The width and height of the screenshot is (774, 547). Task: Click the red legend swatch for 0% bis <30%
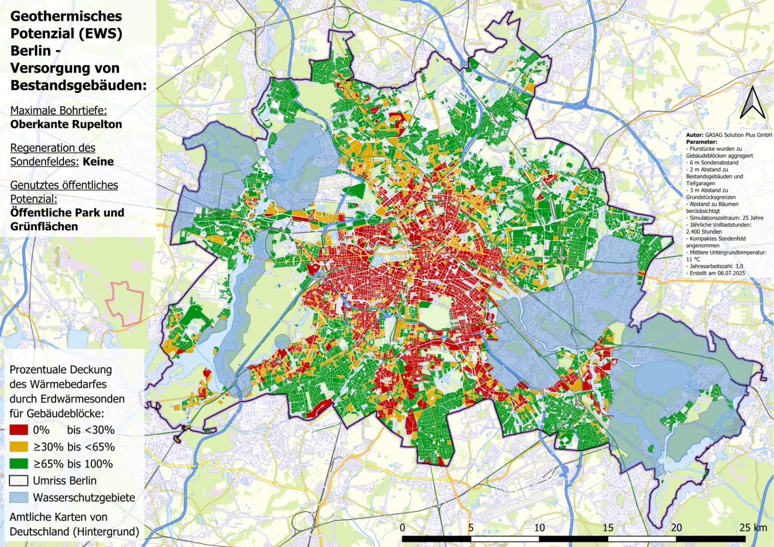click(18, 430)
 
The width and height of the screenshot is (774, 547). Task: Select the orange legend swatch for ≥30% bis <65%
click(18, 447)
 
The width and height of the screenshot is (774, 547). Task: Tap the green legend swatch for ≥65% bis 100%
click(18, 464)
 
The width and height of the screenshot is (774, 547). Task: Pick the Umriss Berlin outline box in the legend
click(18, 481)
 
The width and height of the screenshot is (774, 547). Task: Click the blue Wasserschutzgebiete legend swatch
click(18, 498)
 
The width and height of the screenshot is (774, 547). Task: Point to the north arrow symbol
click(752, 103)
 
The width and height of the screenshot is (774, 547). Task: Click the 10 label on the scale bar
click(539, 528)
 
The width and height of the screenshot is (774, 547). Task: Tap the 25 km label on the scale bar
click(753, 528)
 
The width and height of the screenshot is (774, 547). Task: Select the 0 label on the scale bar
click(402, 528)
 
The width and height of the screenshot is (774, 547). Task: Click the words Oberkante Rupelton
click(66, 124)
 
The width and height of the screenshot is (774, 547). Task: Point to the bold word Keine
click(98, 162)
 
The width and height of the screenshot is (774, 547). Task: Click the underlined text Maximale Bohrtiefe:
click(59, 110)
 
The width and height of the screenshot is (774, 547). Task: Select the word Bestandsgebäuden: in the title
click(78, 85)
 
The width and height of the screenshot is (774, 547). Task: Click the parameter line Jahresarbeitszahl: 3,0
click(716, 266)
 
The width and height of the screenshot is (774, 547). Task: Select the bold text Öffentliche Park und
click(67, 213)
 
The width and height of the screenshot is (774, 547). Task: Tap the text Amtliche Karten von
click(59, 517)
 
